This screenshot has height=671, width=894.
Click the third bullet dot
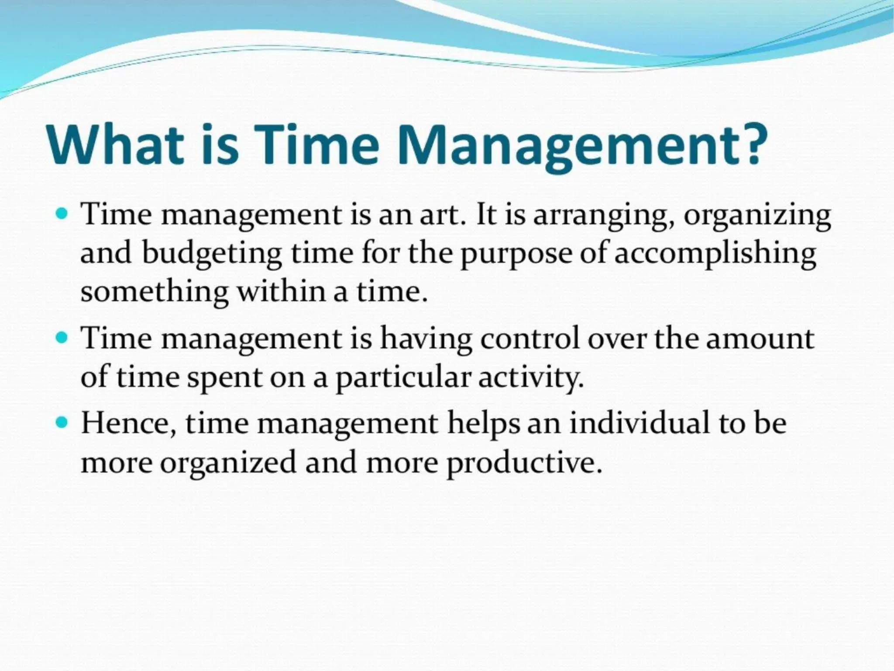[x=62, y=422]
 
